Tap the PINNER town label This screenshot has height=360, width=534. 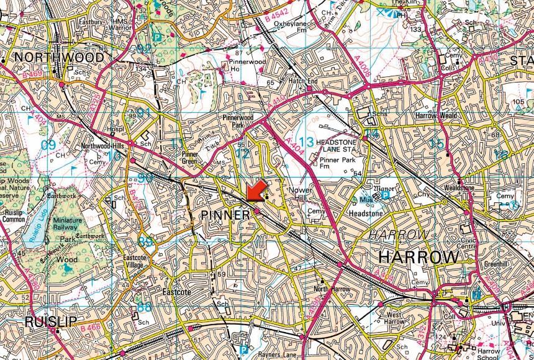[225, 215]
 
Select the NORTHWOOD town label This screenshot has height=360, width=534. [58, 57]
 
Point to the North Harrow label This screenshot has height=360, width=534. [332, 289]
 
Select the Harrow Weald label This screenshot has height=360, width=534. [436, 115]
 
